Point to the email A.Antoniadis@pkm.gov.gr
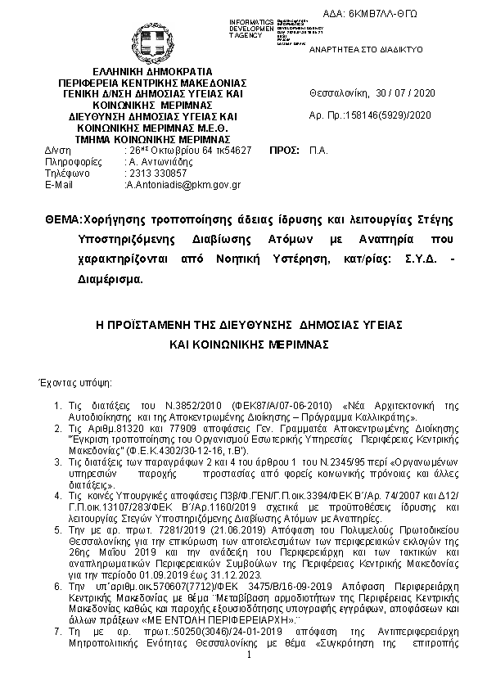coord(183,185)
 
